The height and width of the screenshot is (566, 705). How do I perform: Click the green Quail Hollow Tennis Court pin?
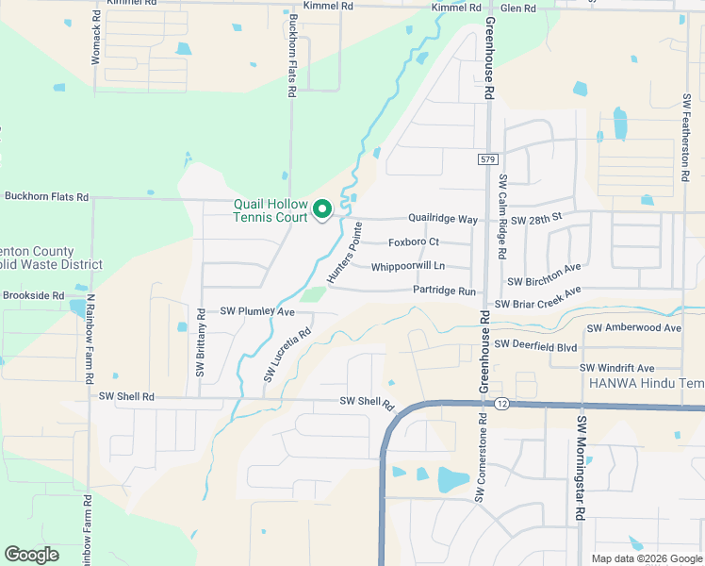point(322,208)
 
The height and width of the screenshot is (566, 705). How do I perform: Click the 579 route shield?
point(486,159)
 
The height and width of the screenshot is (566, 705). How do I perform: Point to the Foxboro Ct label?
point(414,242)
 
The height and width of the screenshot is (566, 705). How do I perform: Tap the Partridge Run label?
point(444,291)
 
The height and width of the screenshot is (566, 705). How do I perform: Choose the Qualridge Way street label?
point(442,219)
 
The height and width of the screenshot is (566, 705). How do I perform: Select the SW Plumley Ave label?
point(257,311)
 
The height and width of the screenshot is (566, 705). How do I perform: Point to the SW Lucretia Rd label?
point(287,356)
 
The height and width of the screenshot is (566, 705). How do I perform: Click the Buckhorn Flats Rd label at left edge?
point(46,197)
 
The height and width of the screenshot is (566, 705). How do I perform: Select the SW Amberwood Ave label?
point(633,328)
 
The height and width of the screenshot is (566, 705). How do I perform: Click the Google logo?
point(31,554)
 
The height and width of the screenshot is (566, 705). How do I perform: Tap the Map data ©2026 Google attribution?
point(646,558)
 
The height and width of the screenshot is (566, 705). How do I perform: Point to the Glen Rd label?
point(517,8)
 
